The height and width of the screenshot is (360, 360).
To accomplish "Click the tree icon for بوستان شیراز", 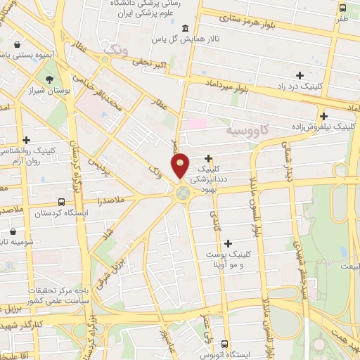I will coord(49,80).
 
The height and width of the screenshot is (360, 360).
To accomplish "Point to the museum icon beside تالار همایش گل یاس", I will coord(185,29).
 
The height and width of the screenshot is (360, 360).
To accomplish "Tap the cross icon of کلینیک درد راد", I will coord(300,75).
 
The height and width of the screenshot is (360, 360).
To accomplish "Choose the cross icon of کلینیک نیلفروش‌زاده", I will coord(323,116).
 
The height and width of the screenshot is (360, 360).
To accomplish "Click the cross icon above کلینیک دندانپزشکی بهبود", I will coord(209,158).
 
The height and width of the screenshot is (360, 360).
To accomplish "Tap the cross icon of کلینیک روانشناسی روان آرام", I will coord(27,141).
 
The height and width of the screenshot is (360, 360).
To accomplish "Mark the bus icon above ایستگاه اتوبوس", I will coord(224,345).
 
